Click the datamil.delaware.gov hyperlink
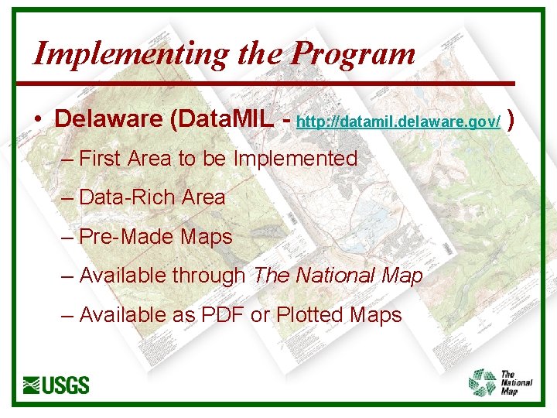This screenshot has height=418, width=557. [x=398, y=121]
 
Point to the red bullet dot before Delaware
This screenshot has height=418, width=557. [x=37, y=121]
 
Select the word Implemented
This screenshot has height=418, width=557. [x=296, y=159]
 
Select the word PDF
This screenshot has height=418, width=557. [x=221, y=315]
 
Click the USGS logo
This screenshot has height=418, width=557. [x=56, y=385]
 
